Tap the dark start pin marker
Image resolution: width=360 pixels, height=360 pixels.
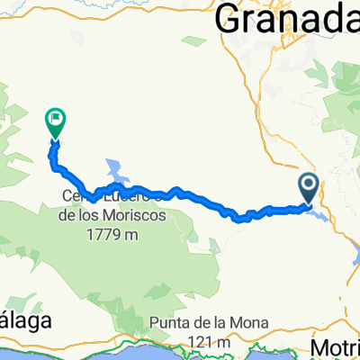[x=308, y=188]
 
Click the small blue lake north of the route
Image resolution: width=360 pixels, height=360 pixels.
[x=116, y=167]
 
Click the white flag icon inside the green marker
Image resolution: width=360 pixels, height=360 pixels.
[x=56, y=117]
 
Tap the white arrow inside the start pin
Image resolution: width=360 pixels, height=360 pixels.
[x=308, y=185]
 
